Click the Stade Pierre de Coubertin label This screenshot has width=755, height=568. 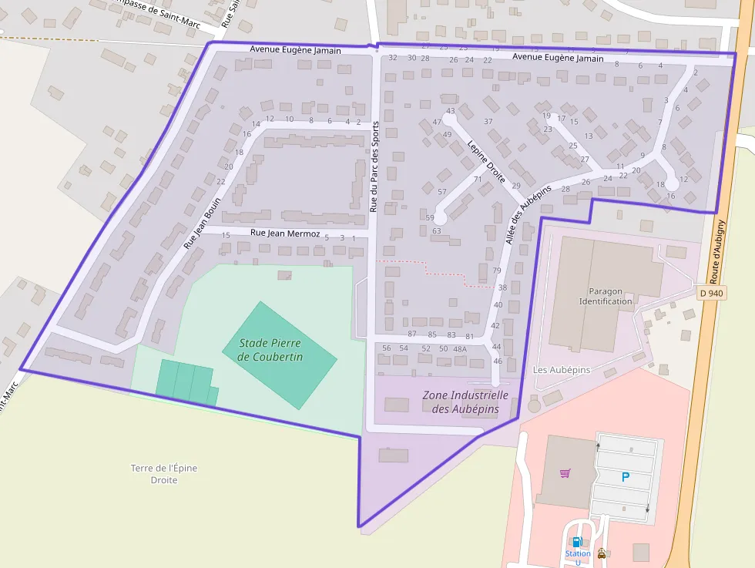coord(270,350)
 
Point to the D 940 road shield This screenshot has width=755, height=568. coord(713,293)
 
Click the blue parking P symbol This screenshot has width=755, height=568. coord(625,477)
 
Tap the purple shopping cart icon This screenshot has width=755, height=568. coord(565,473)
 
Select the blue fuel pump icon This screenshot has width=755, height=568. coord(576,542)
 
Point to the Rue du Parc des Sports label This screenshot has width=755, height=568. coord(374,166)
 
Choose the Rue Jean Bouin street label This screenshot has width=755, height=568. coord(202,224)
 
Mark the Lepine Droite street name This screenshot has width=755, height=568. coord(486,161)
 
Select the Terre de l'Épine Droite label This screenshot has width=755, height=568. coord(163,474)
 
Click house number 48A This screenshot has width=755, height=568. coord(460,349)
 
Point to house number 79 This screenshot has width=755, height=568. coord(497,271)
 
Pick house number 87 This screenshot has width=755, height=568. coord(412,334)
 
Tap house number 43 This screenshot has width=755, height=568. coord(451,111)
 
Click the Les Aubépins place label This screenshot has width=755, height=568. coord(562,370)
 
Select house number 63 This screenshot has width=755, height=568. coord(436,231)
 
